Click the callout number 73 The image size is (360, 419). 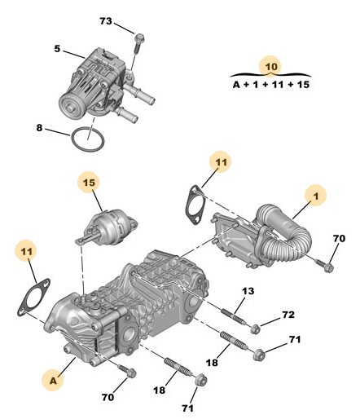106,21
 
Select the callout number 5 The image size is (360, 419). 57,49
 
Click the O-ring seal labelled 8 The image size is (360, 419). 87,139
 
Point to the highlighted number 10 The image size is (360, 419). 271,66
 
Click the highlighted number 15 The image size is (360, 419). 89,183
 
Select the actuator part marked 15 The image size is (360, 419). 106,227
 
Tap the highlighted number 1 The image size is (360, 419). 315,196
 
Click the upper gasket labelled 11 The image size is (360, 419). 195,205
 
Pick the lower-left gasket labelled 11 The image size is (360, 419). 34,297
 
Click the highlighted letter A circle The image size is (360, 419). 53,381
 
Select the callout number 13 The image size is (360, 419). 248,291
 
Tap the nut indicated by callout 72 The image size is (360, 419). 255,329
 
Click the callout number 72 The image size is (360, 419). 288,315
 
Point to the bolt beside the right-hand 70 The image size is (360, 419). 324,265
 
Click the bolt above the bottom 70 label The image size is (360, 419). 127,371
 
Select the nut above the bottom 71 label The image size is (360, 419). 201,379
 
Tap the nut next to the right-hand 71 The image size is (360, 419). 259,355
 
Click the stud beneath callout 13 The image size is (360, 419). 234,316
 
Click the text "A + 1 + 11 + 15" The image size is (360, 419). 271,85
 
